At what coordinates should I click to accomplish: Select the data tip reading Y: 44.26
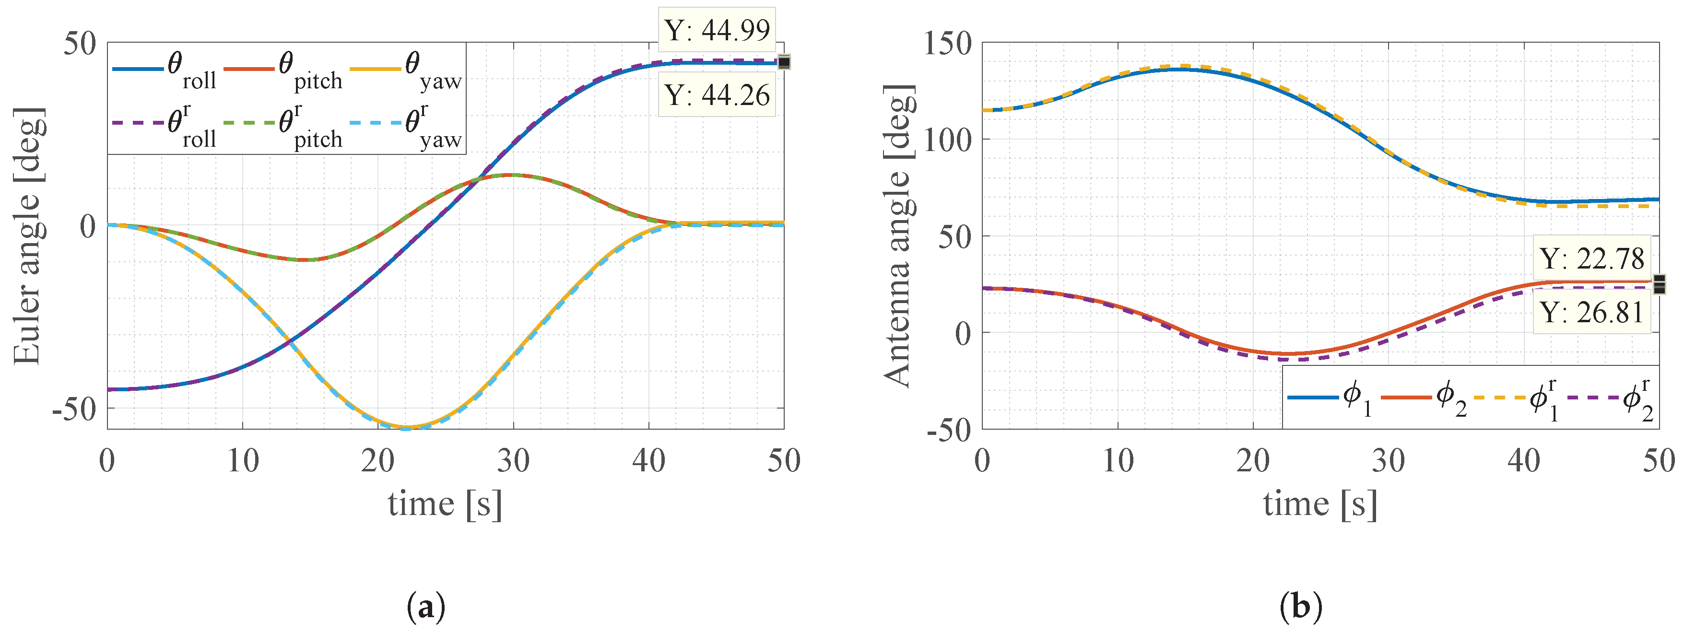(x=717, y=95)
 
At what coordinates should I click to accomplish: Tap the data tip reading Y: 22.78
(x=1591, y=259)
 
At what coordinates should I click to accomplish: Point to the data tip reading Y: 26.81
(x=1591, y=313)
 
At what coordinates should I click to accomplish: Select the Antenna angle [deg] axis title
(x=899, y=235)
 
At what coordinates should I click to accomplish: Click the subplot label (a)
(x=426, y=607)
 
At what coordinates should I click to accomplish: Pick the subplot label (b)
(x=1300, y=607)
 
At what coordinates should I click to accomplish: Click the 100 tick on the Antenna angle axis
(x=947, y=140)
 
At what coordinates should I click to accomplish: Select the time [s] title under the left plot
(x=445, y=504)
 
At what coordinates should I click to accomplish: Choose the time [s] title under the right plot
(x=1320, y=504)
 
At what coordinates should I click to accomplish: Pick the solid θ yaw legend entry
(x=406, y=70)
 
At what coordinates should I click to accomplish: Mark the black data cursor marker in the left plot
(x=784, y=62)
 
